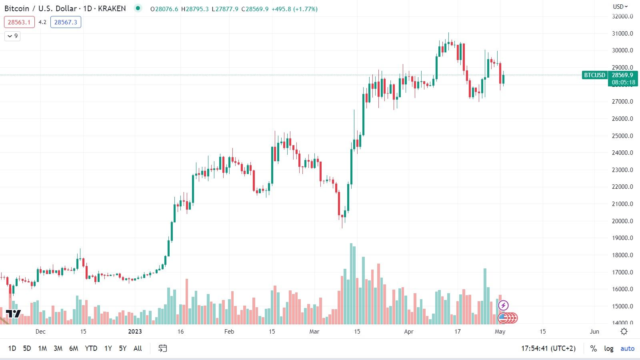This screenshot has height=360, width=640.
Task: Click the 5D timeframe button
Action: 27,348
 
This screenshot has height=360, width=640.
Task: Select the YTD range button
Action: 91,348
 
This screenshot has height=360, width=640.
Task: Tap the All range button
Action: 138,348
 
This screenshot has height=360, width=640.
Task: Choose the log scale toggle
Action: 609,348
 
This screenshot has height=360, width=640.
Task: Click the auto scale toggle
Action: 627,348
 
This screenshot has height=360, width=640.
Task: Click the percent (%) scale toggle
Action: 594,348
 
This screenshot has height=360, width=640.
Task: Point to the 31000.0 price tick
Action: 622,34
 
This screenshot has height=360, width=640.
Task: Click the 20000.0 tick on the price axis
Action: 622,221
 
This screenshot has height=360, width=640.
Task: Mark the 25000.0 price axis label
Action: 622,136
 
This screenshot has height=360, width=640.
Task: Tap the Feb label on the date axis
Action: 229,331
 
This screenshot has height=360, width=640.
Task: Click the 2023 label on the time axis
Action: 135,331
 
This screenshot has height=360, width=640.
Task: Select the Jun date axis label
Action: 594,331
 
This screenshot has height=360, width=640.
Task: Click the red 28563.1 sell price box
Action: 19,22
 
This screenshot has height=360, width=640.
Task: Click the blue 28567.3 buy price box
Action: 66,22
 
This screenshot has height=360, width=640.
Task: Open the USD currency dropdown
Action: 620,6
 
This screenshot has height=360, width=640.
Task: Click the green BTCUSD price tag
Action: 594,75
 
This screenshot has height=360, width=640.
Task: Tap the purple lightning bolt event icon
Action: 503,306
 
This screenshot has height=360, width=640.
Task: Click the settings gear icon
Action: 624,331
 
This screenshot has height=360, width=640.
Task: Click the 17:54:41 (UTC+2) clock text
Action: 548,348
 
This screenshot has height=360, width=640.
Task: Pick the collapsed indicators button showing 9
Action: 12,36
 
